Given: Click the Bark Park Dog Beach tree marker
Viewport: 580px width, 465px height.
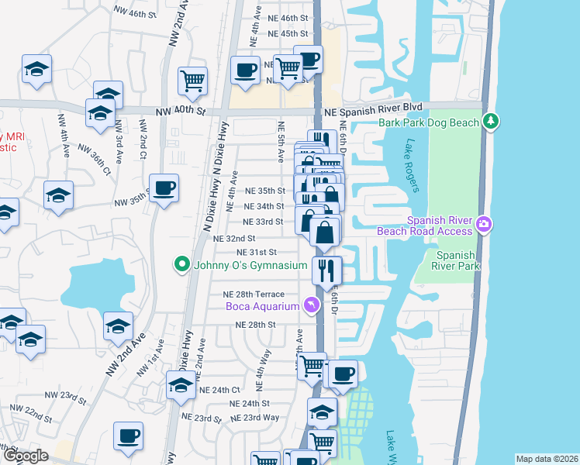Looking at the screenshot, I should (490, 122).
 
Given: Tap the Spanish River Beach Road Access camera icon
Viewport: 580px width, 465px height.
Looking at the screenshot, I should (485, 224).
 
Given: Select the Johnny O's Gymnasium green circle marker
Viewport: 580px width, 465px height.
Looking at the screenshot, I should (182, 265).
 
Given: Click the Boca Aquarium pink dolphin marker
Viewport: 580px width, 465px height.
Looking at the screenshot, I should (312, 306).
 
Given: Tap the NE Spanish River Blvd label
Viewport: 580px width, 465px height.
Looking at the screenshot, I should (372, 111).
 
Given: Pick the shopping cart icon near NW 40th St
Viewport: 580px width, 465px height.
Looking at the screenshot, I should (192, 78).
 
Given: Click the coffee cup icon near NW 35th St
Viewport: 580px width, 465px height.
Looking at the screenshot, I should (164, 188).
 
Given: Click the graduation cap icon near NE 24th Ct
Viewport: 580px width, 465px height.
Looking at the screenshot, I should (181, 384).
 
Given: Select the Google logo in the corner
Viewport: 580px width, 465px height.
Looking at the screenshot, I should (26, 456).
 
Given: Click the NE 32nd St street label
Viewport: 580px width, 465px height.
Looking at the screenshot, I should (234, 238).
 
